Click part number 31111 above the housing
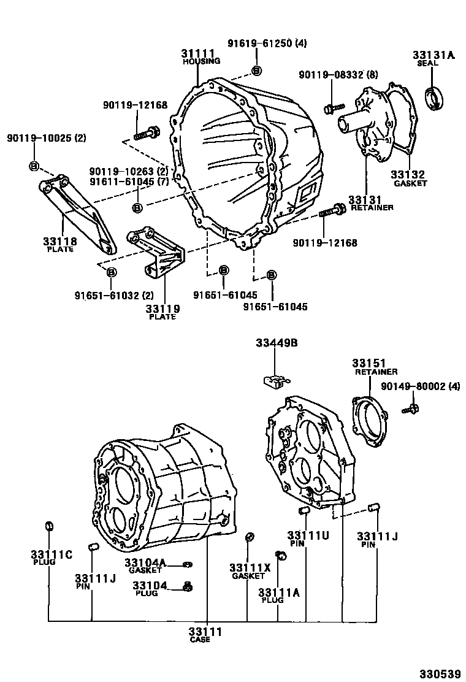197,53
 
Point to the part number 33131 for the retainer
365,199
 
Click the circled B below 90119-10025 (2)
34,166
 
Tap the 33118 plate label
59,241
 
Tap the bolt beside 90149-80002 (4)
411,408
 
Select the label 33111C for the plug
52,554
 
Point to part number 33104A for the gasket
145,562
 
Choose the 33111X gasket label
250,567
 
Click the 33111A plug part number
279,592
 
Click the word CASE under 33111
200,640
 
